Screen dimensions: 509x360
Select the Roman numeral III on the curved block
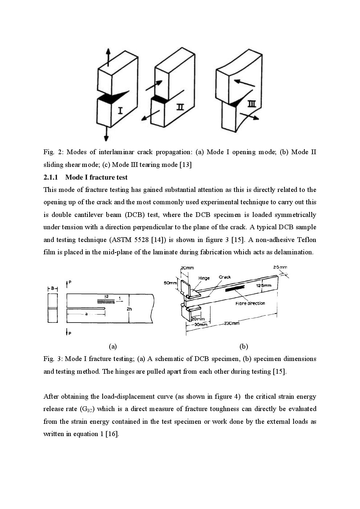coord(251,105)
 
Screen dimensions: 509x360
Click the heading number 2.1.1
coord(51,177)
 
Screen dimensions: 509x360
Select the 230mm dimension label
coord(232,323)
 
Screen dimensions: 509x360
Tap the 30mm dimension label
coord(200,324)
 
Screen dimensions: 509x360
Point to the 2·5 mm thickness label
coord(280,267)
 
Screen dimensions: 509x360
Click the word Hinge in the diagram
coord(204,278)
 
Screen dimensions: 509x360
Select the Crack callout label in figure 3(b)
coord(225,277)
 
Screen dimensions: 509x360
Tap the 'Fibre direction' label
coord(250,303)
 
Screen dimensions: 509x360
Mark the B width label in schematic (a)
coord(53,288)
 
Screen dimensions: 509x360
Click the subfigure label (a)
coord(113,346)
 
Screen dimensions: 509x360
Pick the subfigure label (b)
coord(244,346)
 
